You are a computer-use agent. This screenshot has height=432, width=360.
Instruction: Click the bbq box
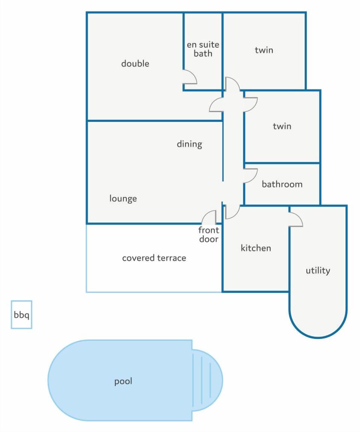pos(21,315)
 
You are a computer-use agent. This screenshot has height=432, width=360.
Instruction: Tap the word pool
pos(123,381)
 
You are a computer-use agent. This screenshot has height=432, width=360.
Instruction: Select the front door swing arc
pos(210,217)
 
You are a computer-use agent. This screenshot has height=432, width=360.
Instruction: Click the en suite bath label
pos(203,49)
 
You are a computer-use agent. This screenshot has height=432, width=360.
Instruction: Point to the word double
pos(135,63)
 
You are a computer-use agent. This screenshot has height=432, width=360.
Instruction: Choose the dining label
pos(189,144)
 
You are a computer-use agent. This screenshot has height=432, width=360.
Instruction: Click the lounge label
pos(123,198)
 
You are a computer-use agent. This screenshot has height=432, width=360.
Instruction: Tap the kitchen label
pos(256,248)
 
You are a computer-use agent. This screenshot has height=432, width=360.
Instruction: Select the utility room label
pos(318,270)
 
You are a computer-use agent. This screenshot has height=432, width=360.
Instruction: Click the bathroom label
pos(282,184)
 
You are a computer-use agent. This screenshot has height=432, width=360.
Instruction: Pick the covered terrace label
pos(154,258)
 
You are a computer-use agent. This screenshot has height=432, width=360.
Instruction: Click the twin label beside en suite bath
pos(264,50)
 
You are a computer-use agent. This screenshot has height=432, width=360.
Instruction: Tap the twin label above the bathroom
pos(282,126)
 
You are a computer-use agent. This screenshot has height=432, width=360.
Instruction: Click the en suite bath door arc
pos(190,77)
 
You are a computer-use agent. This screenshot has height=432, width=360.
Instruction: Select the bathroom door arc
pos(250,175)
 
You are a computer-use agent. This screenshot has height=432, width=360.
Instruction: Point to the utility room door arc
pos(296,220)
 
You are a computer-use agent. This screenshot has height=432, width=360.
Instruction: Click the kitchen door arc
pos(232,212)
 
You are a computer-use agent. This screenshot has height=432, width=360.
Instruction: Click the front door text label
pos(209,235)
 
